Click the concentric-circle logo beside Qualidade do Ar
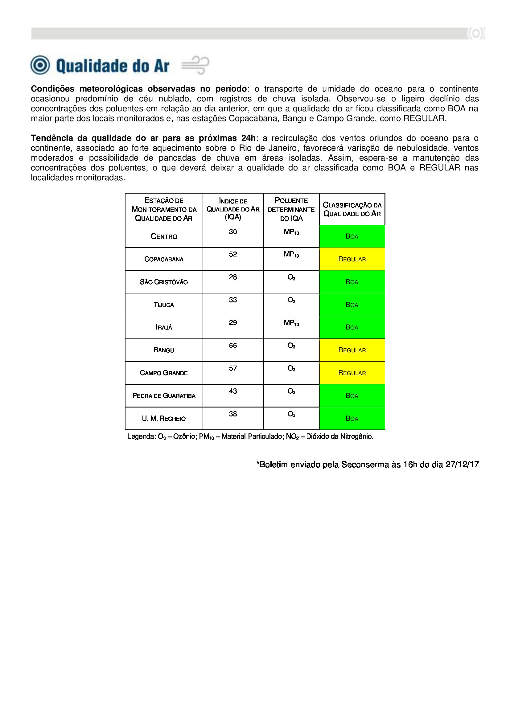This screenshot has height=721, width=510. pyautogui.click(x=40, y=65)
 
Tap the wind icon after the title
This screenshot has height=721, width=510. pyautogui.click(x=195, y=65)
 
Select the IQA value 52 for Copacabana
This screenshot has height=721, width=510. pyautogui.click(x=233, y=254)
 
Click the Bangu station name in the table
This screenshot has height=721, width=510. pyautogui.click(x=164, y=350)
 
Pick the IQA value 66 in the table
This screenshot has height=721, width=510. pyautogui.click(x=233, y=346)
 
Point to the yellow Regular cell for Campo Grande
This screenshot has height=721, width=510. pyautogui.click(x=352, y=373)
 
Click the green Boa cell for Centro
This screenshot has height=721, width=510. pyautogui.click(x=352, y=236)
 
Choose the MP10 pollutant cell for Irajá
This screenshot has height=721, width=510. pyautogui.click(x=291, y=323)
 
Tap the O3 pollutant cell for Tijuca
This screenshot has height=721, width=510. pyautogui.click(x=291, y=300)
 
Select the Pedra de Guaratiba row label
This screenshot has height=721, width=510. pyautogui.click(x=164, y=396)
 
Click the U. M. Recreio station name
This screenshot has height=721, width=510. pyautogui.click(x=164, y=419)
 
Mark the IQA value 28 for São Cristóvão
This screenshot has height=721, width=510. pyautogui.click(x=233, y=277)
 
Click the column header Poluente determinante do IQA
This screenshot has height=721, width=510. pyautogui.click(x=291, y=209)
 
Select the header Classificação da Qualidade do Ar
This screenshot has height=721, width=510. pyautogui.click(x=352, y=209)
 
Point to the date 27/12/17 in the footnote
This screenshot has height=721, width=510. pyautogui.click(x=462, y=465)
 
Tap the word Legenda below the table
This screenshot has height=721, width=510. pyautogui.click(x=141, y=436)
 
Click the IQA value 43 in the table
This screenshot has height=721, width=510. pyautogui.click(x=233, y=391)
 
